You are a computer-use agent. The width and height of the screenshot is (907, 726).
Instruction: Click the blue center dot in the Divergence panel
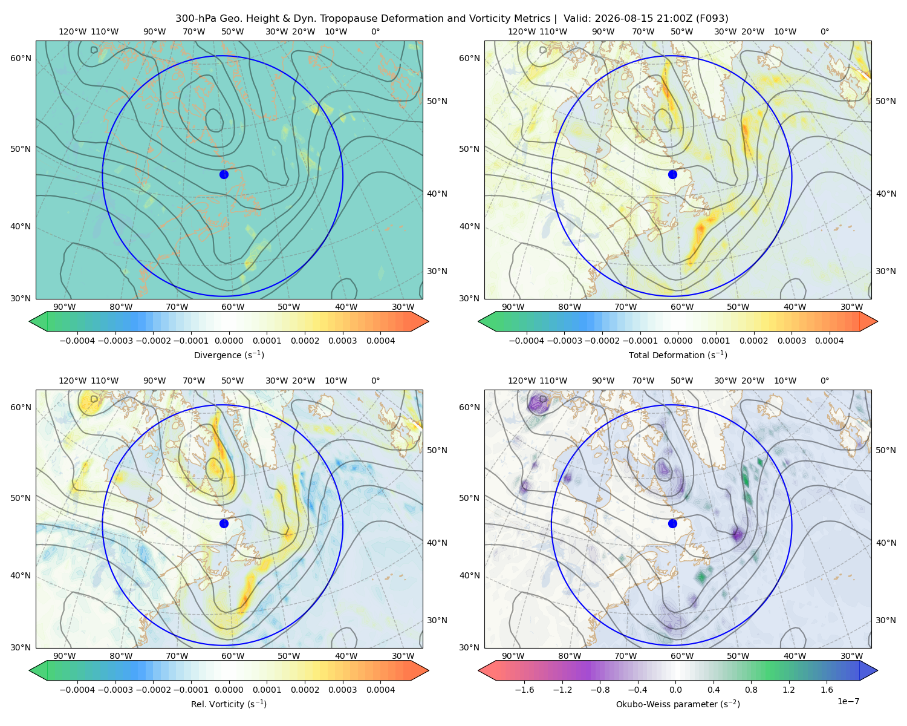(224, 174)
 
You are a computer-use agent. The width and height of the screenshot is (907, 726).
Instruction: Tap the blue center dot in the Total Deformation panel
(672, 174)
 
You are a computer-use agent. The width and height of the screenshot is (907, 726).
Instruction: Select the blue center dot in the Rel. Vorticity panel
(224, 523)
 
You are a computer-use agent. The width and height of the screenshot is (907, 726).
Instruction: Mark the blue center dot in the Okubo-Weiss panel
(672, 523)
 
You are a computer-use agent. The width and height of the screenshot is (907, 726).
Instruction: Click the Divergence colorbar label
(229, 355)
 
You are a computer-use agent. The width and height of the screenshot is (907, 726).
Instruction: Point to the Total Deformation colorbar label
(678, 355)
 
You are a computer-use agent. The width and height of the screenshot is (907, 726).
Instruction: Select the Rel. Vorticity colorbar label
(229, 704)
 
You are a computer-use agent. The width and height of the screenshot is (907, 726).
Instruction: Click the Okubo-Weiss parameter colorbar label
(678, 704)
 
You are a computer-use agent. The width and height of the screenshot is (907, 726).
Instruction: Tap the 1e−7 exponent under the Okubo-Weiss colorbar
(848, 701)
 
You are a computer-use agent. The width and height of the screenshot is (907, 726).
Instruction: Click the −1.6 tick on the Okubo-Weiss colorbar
(524, 689)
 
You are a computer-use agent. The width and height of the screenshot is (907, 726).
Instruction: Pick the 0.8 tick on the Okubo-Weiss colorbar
(751, 689)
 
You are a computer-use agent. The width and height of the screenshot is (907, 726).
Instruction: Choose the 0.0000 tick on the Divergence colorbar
(229, 341)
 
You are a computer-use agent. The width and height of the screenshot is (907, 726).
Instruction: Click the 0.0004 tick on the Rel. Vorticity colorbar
(380, 689)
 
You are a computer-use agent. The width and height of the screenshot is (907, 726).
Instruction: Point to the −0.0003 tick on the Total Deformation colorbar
(564, 341)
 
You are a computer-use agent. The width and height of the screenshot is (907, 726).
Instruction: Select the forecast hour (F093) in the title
(712, 19)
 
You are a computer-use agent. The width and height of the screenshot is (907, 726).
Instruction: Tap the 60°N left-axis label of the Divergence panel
(21, 58)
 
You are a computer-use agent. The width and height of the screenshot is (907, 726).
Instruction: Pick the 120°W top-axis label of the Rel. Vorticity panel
(73, 381)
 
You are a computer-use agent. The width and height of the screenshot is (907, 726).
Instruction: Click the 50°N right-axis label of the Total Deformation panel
(886, 101)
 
